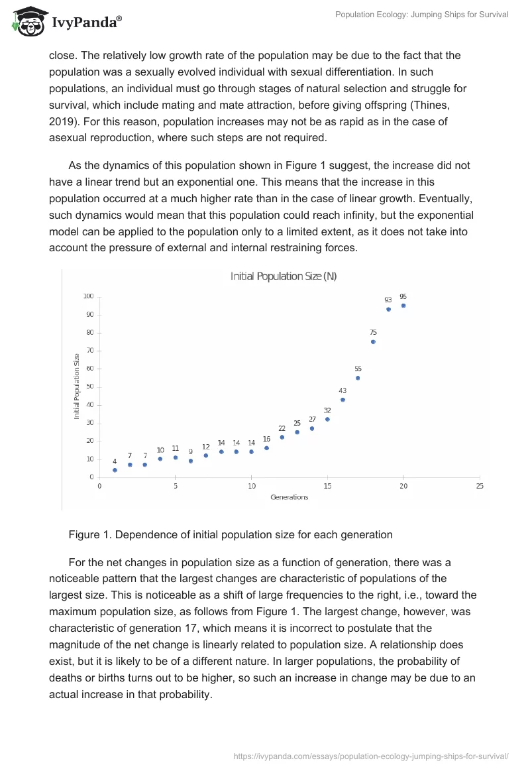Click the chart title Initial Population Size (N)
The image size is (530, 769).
click(x=284, y=276)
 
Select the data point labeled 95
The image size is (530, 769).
click(x=403, y=306)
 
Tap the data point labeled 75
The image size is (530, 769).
click(x=373, y=342)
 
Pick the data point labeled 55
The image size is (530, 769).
click(x=358, y=378)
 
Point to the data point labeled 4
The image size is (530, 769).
click(x=115, y=470)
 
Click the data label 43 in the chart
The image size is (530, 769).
click(x=343, y=390)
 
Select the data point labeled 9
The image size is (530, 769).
click(x=191, y=461)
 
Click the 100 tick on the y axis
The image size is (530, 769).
click(x=88, y=296)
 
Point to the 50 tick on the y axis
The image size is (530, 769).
click(x=89, y=386)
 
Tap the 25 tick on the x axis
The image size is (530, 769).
click(x=480, y=486)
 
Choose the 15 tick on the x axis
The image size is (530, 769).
click(x=327, y=486)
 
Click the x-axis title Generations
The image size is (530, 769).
click(x=290, y=497)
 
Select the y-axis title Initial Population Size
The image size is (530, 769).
click(x=77, y=386)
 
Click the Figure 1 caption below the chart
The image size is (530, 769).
click(x=231, y=534)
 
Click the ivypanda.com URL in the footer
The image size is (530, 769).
click(x=372, y=756)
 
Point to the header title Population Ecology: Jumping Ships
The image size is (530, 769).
click(x=422, y=15)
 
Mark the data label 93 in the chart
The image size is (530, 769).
click(x=388, y=300)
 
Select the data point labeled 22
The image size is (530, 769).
click(x=282, y=437)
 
